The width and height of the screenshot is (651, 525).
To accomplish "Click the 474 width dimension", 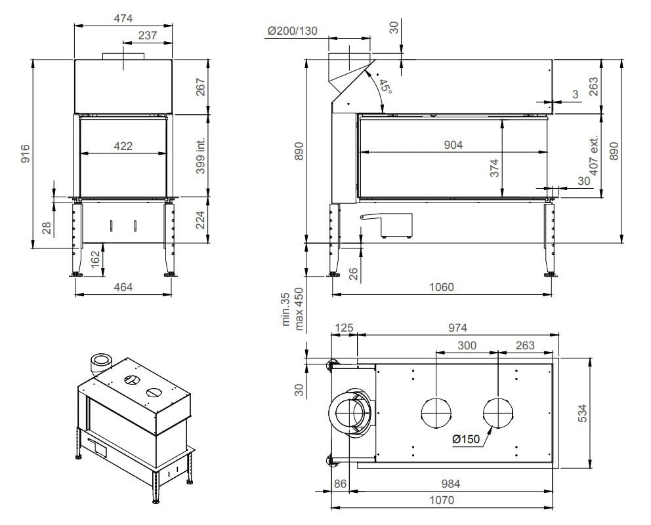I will point(123,18).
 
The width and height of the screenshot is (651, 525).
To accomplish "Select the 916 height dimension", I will point(25,153).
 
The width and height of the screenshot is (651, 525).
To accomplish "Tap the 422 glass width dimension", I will point(123,146).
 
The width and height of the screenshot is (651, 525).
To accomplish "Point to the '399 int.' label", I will point(201,155).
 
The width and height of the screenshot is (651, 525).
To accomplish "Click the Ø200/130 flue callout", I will point(293,31).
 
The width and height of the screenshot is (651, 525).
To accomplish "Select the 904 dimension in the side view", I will point(453,145).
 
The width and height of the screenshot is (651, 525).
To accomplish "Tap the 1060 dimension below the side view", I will point(440,286).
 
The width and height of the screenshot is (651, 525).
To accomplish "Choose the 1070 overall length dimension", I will point(441,500).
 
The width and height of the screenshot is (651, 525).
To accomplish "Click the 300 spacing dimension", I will point(467,345).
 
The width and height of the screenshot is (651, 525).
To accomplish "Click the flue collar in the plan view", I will point(354,414).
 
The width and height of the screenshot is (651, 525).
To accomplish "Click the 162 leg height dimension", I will point(95,259).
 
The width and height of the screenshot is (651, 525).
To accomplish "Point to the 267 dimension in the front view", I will point(201,87).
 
